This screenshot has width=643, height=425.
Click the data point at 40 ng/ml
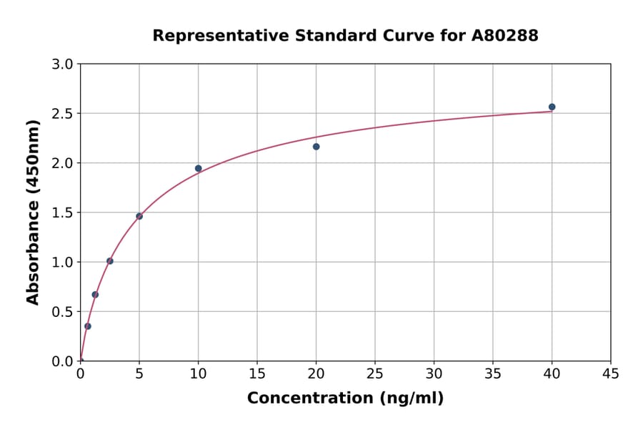[552, 107]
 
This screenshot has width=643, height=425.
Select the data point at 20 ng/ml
[316, 147]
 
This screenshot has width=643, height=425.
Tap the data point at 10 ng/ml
[198, 169]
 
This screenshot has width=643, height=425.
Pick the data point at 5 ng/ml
[139, 216]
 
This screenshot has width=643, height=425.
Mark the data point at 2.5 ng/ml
[109, 261]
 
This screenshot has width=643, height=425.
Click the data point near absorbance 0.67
[95, 295]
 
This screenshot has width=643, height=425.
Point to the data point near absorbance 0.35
[88, 326]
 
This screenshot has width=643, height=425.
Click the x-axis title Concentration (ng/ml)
[345, 399]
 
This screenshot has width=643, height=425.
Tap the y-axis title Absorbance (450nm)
[33, 212]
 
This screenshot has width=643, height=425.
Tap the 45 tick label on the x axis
[611, 373]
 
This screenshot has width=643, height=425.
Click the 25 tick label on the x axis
[375, 373]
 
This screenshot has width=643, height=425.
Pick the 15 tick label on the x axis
[257, 373]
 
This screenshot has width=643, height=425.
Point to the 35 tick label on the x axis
[493, 373]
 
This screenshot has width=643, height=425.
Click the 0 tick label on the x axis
[80, 373]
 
